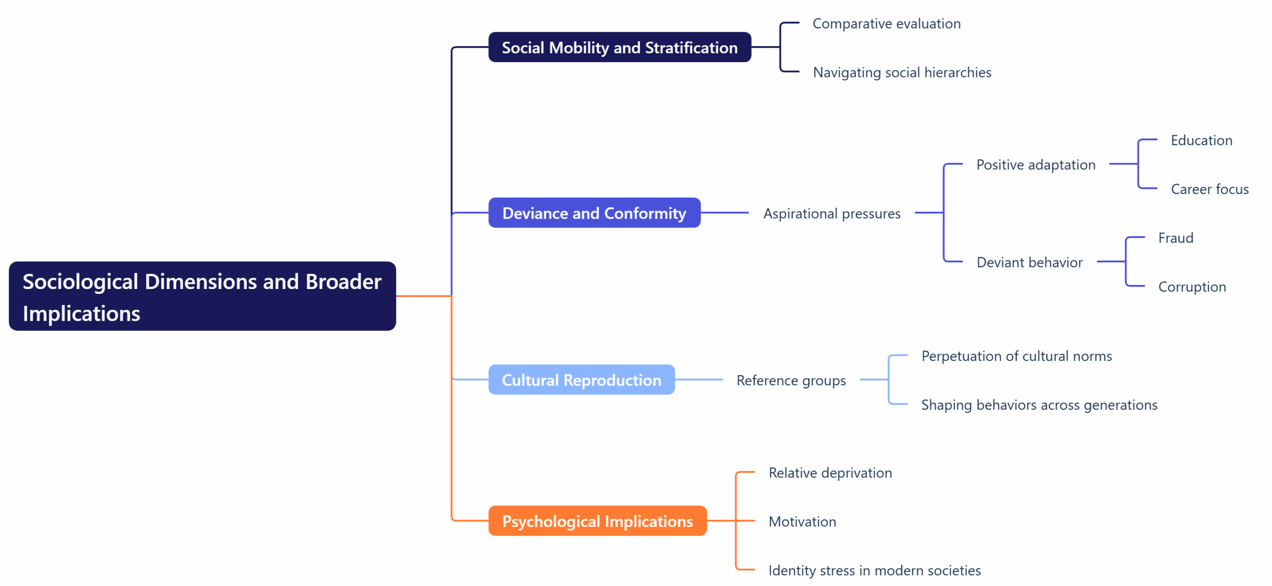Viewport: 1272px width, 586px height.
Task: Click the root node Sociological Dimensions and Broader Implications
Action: point(202,296)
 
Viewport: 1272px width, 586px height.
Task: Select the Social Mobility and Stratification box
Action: point(619,48)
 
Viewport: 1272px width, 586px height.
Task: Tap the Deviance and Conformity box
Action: point(594,213)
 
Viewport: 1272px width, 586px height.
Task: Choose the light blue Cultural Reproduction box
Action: point(581,380)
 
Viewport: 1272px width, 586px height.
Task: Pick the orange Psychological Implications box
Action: point(597,521)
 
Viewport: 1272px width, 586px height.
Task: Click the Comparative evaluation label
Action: point(886,24)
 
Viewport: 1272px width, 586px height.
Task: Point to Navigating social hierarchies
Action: point(901,73)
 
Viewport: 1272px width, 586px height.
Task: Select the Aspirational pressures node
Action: point(831,214)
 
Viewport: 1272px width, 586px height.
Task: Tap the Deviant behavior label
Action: point(1029,262)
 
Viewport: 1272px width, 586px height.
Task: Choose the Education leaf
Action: point(1201,141)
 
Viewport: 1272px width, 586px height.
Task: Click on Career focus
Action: point(1209,189)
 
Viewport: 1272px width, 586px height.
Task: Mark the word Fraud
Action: point(1175,238)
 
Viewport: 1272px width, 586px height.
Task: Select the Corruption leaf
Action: point(1192,287)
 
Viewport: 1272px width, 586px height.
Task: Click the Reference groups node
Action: point(791,380)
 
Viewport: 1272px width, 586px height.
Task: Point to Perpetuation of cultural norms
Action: point(1016,356)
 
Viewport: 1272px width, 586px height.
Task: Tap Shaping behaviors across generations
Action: point(1038,405)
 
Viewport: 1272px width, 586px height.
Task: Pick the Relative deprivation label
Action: point(830,473)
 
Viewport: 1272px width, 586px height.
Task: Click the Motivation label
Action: point(802,521)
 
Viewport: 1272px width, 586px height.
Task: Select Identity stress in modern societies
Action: point(874,570)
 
